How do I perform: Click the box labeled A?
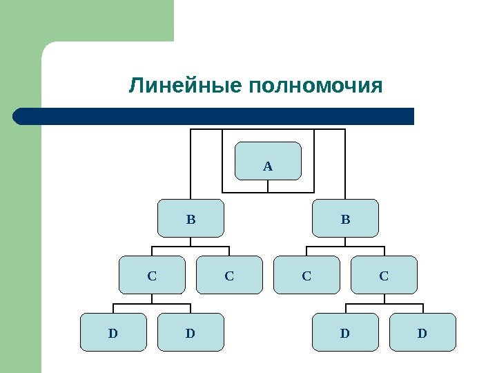pyautogui.click(x=269, y=160)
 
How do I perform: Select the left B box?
pyautogui.click(x=191, y=218)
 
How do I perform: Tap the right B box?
pyautogui.click(x=346, y=218)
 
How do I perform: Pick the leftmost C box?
pyautogui.click(x=153, y=275)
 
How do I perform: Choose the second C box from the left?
pyautogui.click(x=230, y=275)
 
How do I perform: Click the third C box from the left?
pyautogui.click(x=307, y=275)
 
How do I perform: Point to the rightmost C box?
pyautogui.click(x=384, y=275)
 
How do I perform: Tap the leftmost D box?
pyautogui.click(x=114, y=332)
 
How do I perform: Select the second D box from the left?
pyautogui.click(x=191, y=332)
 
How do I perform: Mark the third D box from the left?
pyautogui.click(x=346, y=332)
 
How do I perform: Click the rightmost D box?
pyautogui.click(x=423, y=332)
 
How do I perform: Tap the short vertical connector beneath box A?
pyautogui.click(x=269, y=185)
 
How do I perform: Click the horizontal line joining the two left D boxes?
pyautogui.click(x=153, y=303)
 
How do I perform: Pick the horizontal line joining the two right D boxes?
pyautogui.click(x=384, y=303)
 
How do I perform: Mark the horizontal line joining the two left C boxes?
pyautogui.click(x=191, y=247)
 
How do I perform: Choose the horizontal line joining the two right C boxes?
pyautogui.click(x=346, y=247)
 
